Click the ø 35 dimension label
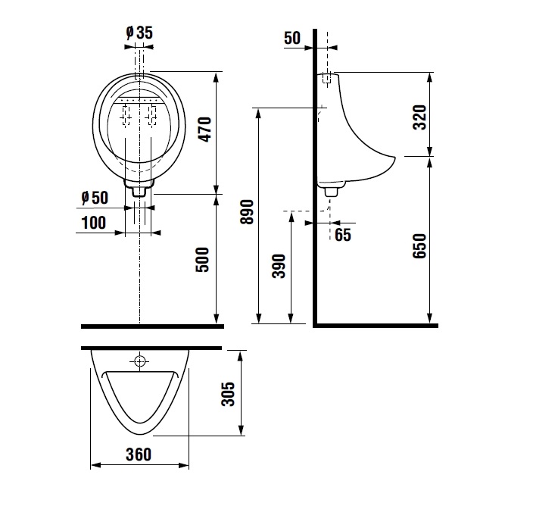(x=139, y=33)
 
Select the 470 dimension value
(x=205, y=130)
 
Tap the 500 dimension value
(x=202, y=260)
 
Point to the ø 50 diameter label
(x=95, y=198)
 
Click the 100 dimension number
(x=94, y=223)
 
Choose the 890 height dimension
(x=247, y=212)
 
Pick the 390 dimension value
(x=279, y=266)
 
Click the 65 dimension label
(x=343, y=235)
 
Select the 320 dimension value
(x=419, y=117)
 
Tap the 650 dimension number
(x=419, y=246)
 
